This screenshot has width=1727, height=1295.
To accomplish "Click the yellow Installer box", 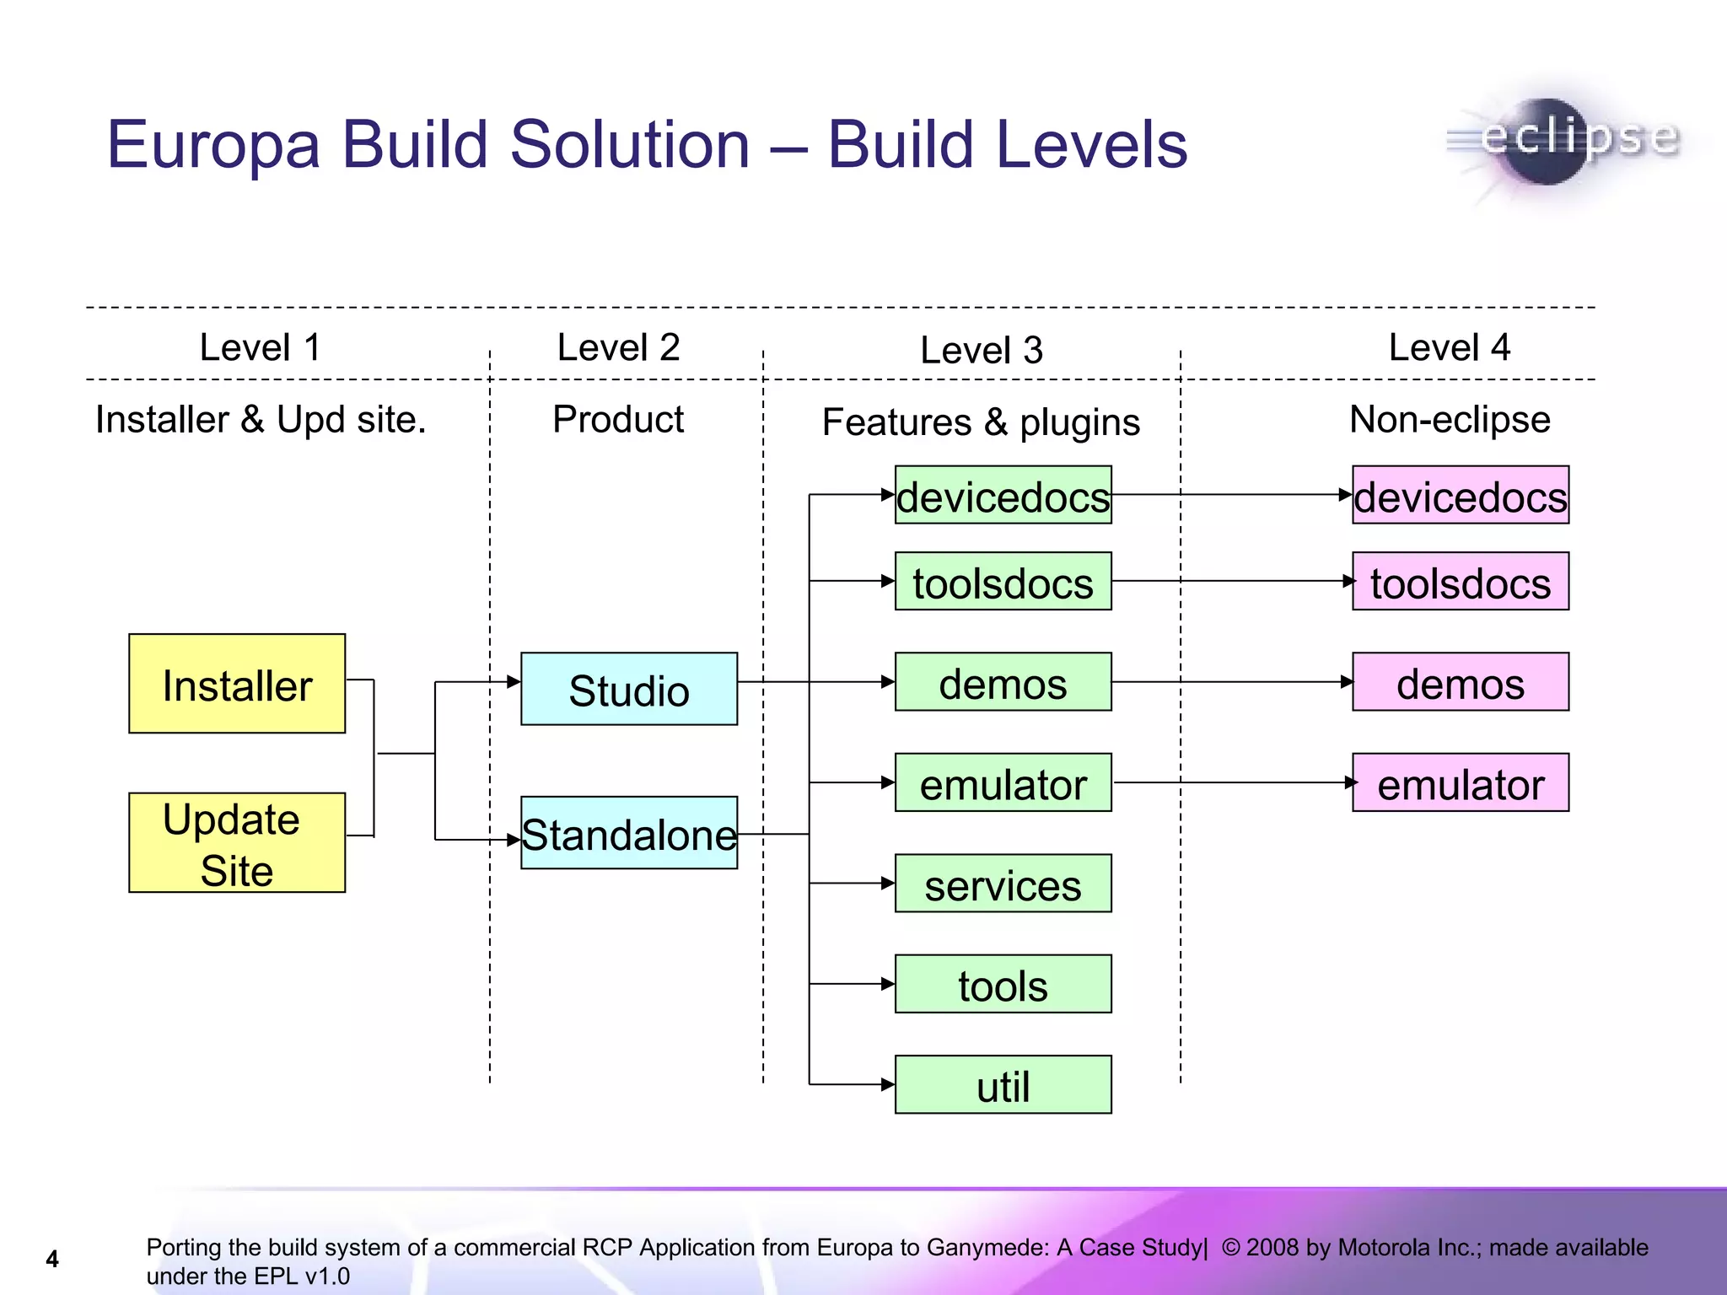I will [237, 683].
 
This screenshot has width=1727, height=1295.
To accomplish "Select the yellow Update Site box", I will [237, 842].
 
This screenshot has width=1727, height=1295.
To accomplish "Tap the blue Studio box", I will [629, 689].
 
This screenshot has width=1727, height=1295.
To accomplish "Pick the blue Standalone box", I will [629, 833].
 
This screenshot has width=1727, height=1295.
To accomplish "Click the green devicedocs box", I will [1003, 495].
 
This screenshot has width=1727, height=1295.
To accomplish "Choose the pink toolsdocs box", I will [1461, 582].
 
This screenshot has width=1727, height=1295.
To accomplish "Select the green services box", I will [1003, 884].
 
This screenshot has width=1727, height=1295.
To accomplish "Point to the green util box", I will [1003, 1085].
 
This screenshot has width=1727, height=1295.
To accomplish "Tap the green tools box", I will [1003, 984].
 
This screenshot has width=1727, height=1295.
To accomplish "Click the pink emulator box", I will [1461, 783].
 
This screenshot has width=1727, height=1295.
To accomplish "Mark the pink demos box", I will [1461, 682].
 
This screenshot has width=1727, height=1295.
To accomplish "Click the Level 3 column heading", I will [982, 350].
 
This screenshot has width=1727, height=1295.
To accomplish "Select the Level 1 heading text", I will [260, 347].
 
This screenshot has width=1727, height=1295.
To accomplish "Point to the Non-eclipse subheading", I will [1450, 419].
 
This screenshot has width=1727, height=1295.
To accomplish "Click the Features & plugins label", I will [981, 422].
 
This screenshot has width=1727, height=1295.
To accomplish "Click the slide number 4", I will [52, 1259].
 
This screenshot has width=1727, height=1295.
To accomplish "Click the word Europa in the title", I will [213, 145].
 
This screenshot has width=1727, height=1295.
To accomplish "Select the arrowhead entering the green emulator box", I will [888, 783].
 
